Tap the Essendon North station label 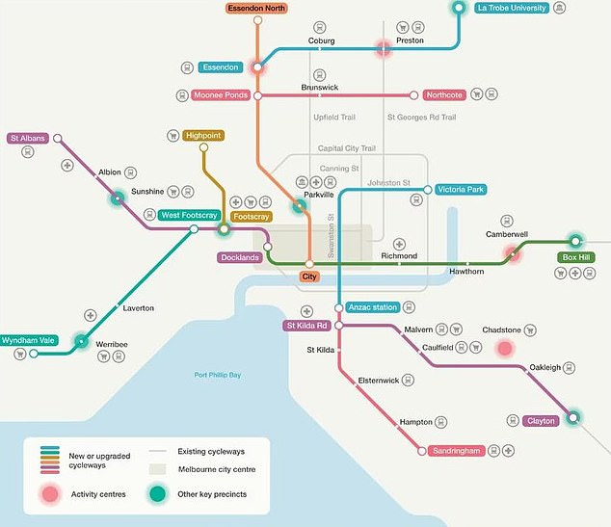tap(257, 8)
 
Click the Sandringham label tap(455, 450)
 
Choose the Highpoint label tap(202, 136)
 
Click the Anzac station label tap(372, 307)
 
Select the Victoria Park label tap(461, 190)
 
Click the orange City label tap(309, 277)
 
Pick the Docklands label tap(239, 258)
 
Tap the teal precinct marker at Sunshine tap(117, 198)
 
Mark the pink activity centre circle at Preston tap(384, 47)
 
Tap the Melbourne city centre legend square tap(160, 469)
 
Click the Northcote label tap(445, 95)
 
